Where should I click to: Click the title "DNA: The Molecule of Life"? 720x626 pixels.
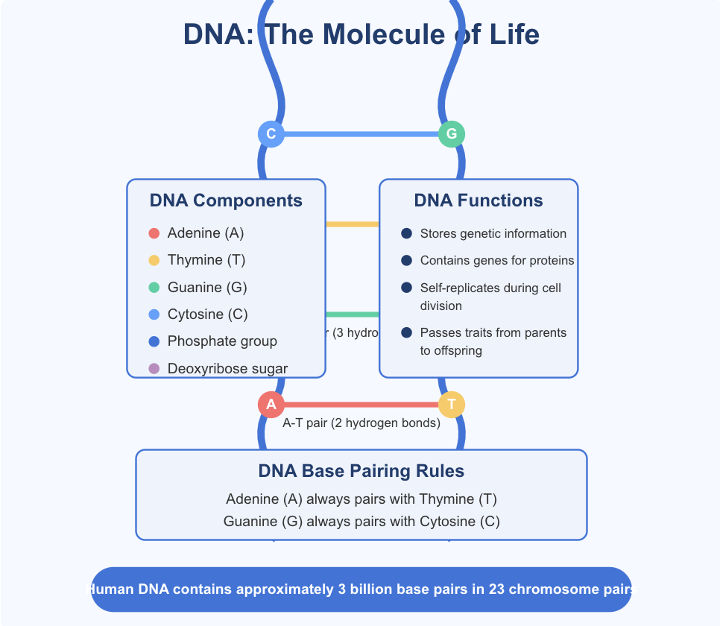(361, 35)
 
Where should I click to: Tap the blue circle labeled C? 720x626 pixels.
(271, 134)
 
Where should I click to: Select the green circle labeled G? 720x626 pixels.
(451, 134)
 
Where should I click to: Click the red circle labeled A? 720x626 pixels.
(271, 405)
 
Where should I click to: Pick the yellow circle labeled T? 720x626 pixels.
(451, 405)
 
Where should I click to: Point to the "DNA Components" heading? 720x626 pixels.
(226, 200)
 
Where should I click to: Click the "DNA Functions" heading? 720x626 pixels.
(479, 200)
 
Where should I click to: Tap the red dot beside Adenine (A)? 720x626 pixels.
(154, 233)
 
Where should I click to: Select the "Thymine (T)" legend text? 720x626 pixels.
(206, 260)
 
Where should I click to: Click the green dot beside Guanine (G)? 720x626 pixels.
(154, 288)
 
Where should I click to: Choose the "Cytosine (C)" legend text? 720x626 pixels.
(208, 314)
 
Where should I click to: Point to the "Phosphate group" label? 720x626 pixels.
(222, 341)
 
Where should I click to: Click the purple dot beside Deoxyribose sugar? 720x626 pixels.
(154, 368)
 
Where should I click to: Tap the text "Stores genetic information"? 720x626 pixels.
(493, 234)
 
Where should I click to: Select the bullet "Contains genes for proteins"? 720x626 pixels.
(496, 261)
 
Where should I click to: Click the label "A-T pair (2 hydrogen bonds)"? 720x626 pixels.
(361, 423)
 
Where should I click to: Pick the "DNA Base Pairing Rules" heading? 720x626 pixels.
(361, 471)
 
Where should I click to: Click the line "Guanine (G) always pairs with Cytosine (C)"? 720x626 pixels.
(361, 522)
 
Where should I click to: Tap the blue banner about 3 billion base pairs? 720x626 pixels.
(361, 589)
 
